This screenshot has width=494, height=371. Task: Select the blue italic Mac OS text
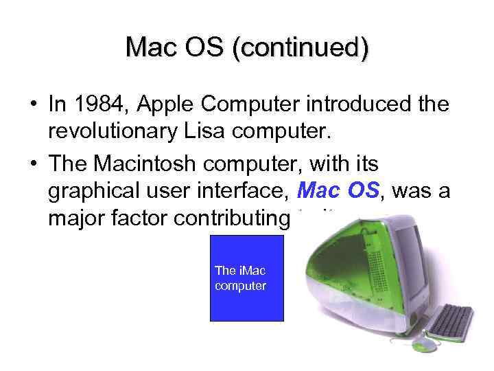click(x=338, y=190)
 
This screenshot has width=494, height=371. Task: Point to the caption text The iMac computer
click(x=240, y=278)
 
